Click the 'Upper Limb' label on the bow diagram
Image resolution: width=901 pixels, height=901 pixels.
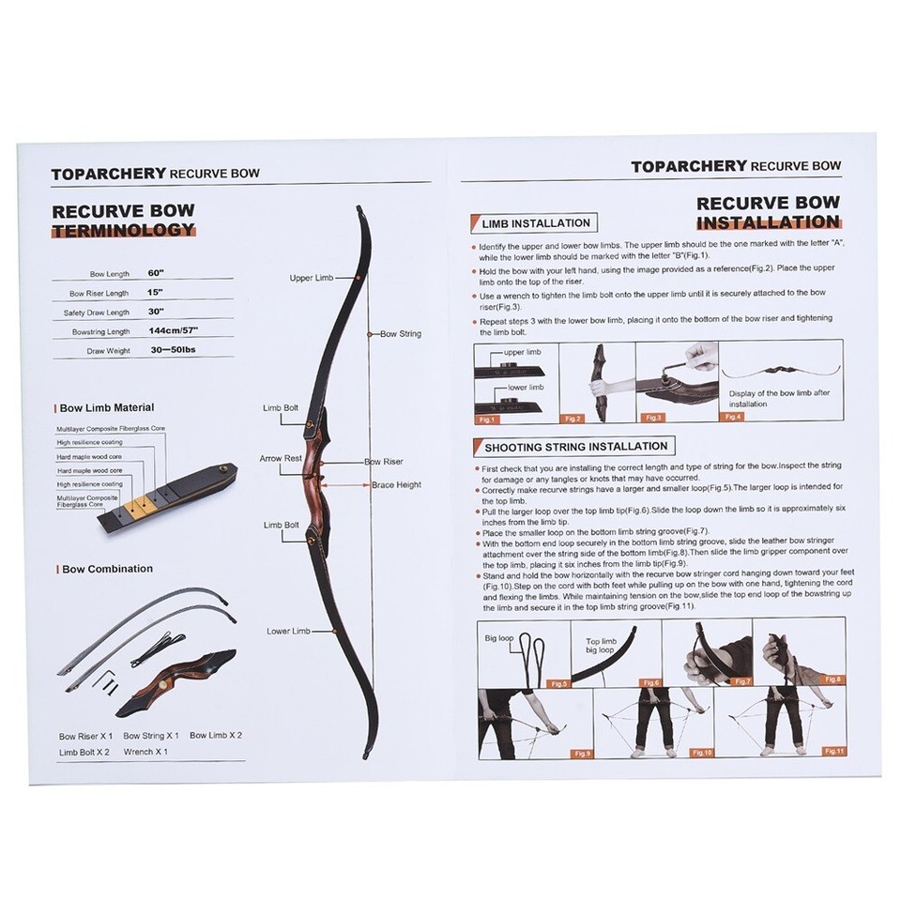pyautogui.click(x=311, y=278)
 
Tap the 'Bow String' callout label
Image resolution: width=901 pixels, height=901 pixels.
pyautogui.click(x=400, y=333)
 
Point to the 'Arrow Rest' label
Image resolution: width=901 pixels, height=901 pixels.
pyautogui.click(x=281, y=458)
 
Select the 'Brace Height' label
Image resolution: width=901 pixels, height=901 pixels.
pyautogui.click(x=396, y=484)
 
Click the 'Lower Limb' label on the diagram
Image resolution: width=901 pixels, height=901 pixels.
pyautogui.click(x=288, y=631)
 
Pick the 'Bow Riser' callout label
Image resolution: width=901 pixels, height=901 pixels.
pyautogui.click(x=384, y=463)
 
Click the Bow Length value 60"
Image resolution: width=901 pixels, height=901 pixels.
pyautogui.click(x=156, y=272)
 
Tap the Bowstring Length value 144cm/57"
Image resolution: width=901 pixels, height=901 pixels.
pyautogui.click(x=173, y=331)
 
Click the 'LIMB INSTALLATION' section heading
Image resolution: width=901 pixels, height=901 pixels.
pyautogui.click(x=535, y=223)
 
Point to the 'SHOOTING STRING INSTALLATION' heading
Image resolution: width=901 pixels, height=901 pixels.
pyautogui.click(x=576, y=447)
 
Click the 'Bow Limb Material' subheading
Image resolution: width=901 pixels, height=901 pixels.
pyautogui.click(x=106, y=407)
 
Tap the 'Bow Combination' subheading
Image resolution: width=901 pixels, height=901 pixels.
pyautogui.click(x=106, y=569)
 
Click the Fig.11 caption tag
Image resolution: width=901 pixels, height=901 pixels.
pyautogui.click(x=833, y=752)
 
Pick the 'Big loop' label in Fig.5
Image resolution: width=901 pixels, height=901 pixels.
pyautogui.click(x=499, y=637)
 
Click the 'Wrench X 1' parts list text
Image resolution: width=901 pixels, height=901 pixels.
pyautogui.click(x=145, y=752)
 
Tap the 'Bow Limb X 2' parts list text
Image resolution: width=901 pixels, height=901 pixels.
pyautogui.click(x=216, y=735)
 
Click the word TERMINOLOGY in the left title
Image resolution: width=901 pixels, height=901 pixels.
pyautogui.click(x=124, y=230)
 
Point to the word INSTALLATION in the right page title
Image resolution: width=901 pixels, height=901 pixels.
pyautogui.click(x=768, y=222)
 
